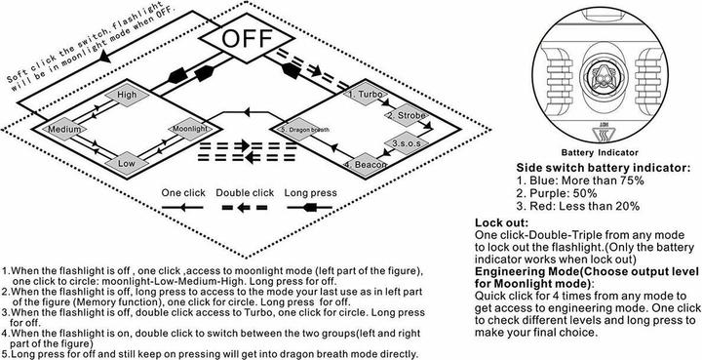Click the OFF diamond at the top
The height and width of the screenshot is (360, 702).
point(247,39)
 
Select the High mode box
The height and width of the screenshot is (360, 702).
point(127,95)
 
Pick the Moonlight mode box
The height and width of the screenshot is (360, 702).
point(190,129)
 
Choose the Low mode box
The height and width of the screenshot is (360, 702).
point(127,164)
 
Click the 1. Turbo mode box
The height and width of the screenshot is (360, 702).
point(366,95)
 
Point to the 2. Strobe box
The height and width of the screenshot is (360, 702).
point(407,115)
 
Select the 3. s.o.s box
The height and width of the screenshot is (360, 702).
point(407,143)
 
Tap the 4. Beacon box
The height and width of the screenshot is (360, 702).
point(366,164)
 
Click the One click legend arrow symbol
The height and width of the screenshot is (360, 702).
point(182,207)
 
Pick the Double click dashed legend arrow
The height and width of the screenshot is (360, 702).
point(245,208)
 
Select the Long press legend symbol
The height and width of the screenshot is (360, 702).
point(310,207)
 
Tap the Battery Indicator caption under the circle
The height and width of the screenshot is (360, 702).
point(600,153)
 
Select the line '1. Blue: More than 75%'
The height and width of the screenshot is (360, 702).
point(580,180)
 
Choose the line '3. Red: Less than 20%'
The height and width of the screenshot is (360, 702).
point(578,207)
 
